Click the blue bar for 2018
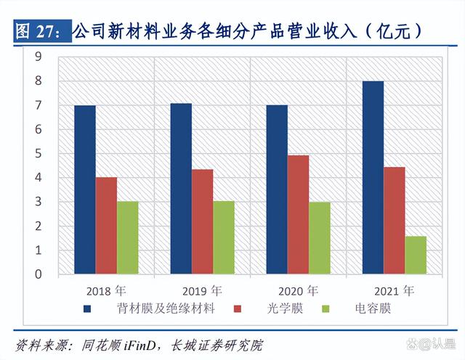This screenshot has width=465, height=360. pos(85,190)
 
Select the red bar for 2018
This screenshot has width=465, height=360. pos(106,226)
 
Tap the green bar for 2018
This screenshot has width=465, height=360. pos(127,238)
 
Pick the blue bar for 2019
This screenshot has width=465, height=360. pos(181,189)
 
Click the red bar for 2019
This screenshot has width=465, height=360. pos(202,222)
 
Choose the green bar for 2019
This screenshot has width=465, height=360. pos(223,238)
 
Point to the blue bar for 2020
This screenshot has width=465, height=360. pos(277,190)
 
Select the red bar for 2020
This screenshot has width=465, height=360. pos(298,215)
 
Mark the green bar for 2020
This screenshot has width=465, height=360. pos(319,238)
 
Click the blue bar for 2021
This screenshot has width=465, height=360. pos(373,178)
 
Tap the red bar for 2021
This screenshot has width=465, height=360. pos(394,221)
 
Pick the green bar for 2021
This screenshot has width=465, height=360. pos(415,255)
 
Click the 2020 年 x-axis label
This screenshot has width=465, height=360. pos(298,290)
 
